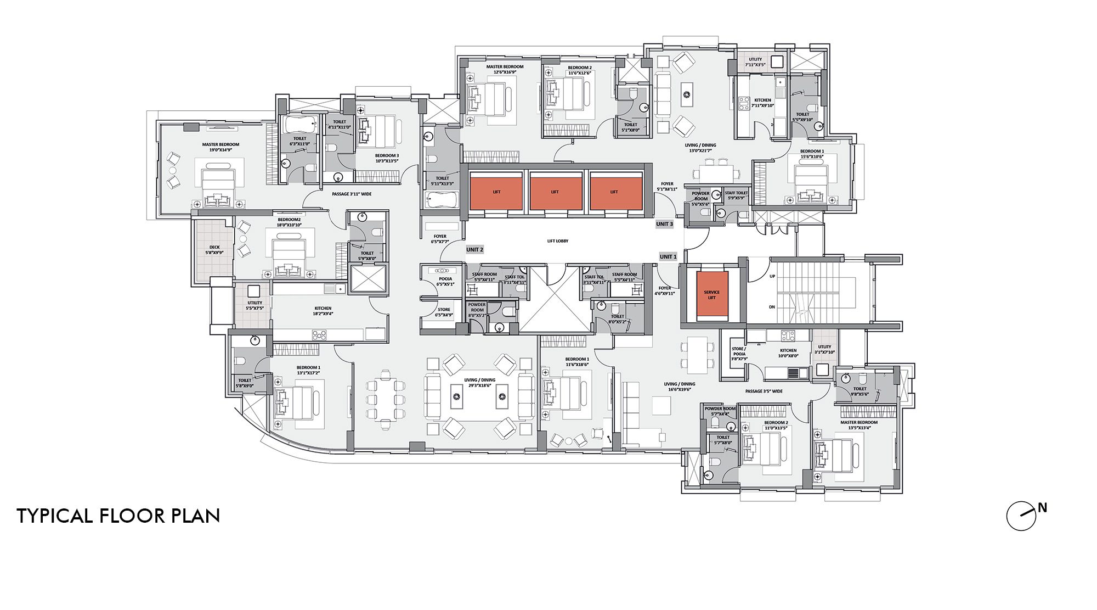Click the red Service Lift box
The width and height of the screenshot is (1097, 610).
711,295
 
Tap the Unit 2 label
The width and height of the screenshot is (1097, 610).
474,250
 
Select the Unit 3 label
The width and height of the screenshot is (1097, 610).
664,224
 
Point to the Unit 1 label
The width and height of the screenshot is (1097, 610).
668,257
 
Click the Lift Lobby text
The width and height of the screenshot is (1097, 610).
558,241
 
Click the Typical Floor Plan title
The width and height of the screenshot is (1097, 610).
118,516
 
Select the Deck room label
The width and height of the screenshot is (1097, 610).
214,250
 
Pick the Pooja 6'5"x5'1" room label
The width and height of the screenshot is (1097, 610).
445,282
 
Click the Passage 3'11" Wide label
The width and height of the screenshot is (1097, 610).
352,194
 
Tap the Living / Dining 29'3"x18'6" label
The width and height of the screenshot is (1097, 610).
479,383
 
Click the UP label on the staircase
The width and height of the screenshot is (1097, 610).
772,276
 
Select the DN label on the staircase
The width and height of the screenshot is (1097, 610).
772,307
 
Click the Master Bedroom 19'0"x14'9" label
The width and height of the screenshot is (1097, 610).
220,147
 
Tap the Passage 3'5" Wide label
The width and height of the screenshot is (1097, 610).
764,391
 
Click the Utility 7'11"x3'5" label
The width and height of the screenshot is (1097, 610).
755,62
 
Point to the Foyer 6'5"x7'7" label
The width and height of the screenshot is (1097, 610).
440,239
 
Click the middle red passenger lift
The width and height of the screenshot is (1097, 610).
555,192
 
